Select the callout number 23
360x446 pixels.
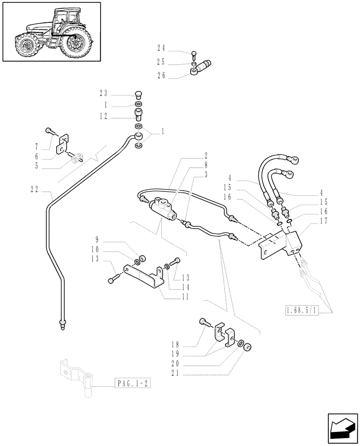click(103, 93)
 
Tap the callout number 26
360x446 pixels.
click(161, 76)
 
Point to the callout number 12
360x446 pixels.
click(103, 116)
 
